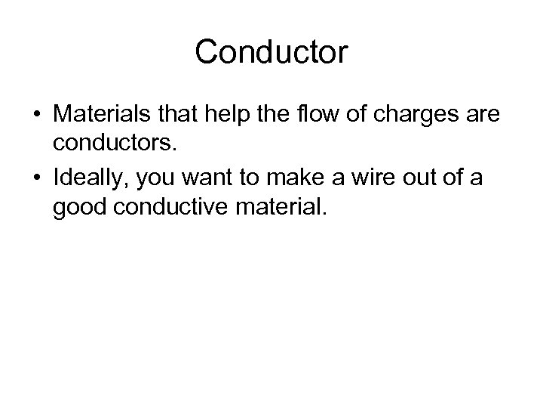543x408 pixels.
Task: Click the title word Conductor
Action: coord(271,52)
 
